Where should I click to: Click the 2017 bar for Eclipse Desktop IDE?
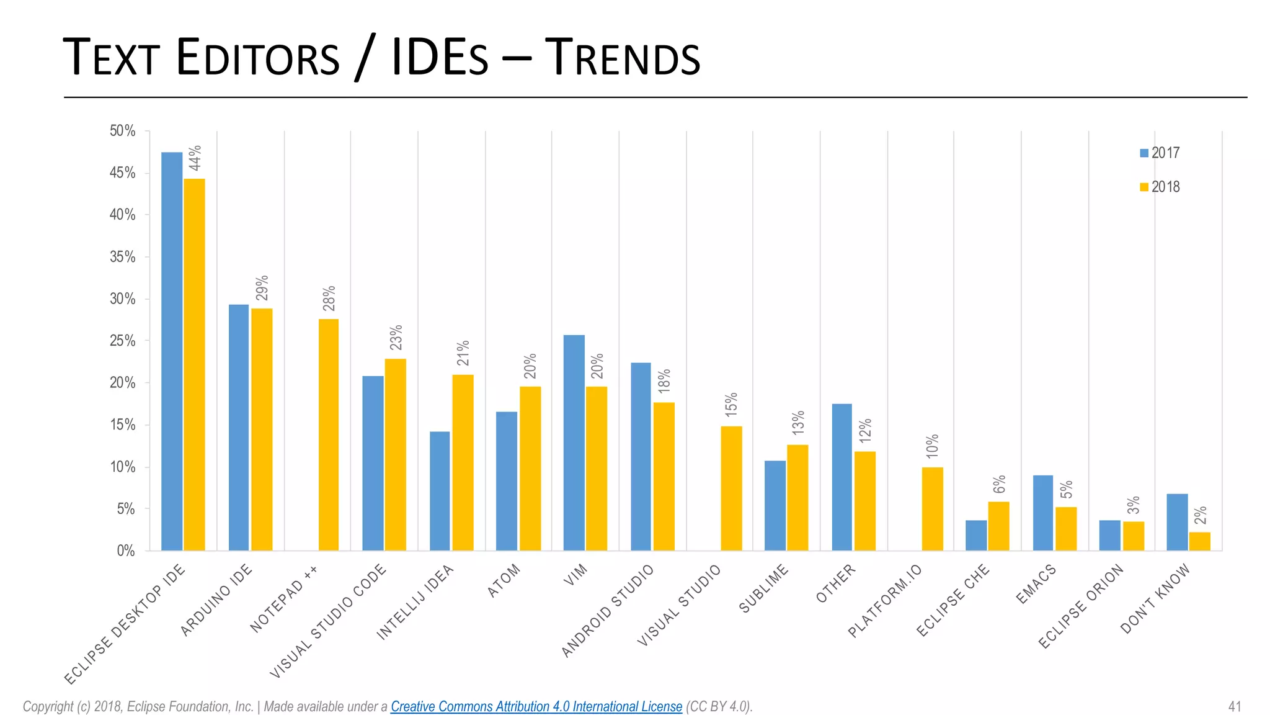pos(172,351)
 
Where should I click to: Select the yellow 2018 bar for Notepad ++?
pos(329,434)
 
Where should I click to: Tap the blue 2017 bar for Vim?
pos(574,443)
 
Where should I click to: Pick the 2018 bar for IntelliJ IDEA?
pos(463,462)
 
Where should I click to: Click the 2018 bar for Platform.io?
pos(932,509)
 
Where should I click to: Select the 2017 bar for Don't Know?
pos(1177,522)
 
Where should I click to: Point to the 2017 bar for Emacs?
pos(1043,513)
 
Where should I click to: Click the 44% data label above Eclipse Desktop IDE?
pos(195,158)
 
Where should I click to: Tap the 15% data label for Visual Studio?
pos(731,404)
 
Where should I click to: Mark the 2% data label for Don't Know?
pos(1201,516)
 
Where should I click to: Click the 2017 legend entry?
pos(1160,153)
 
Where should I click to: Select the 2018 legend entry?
pos(1160,187)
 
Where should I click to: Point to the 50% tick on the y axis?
pos(123,131)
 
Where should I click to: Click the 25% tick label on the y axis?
pos(123,341)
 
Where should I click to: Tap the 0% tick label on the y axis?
pos(126,551)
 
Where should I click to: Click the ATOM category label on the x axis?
pos(504,582)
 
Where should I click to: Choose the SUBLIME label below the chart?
pos(764,588)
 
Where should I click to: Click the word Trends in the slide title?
pos(622,58)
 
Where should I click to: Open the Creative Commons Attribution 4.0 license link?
pos(536,706)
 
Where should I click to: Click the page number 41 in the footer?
pos(1234,706)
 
